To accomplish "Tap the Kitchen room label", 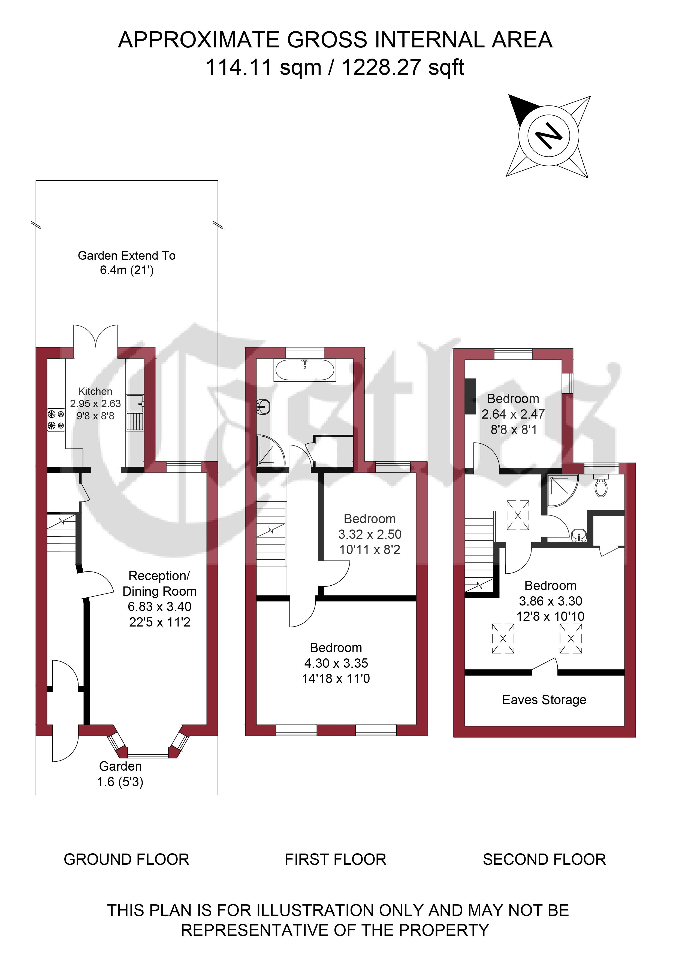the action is pyautogui.click(x=95, y=391).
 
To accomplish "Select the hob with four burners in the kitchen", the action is pyautogui.click(x=56, y=420).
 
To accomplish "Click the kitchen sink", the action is pyautogui.click(x=135, y=413).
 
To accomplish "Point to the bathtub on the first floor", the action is pyautogui.click(x=305, y=370).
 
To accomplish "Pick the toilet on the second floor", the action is pyautogui.click(x=600, y=486).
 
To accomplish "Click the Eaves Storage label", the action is pyautogui.click(x=544, y=700).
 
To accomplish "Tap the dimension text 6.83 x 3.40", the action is pyautogui.click(x=159, y=607).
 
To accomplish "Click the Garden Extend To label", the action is pyautogui.click(x=127, y=256).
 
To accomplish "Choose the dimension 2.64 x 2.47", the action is pyautogui.click(x=513, y=414).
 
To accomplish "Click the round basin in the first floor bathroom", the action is pyautogui.click(x=264, y=406).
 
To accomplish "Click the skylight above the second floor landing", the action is pyautogui.click(x=518, y=515).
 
